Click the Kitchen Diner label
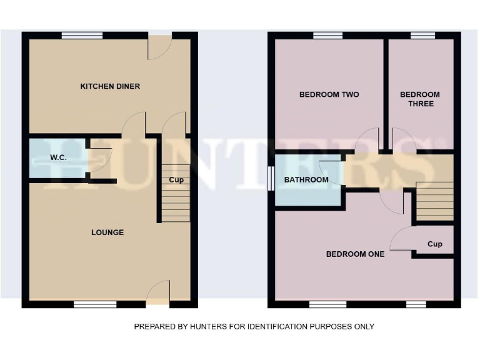pos(110,86)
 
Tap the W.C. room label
pos(58,157)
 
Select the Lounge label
pos(107,232)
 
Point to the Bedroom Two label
pos(329,95)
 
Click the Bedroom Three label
pos(420,99)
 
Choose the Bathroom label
pos(306,180)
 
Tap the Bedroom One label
pos(355,254)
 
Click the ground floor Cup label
pos(176,181)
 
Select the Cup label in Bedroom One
pos(434,244)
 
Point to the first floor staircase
pos(434,200)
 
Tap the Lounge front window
pos(95,304)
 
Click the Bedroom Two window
pos(327,36)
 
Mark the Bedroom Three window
pos(422,36)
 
